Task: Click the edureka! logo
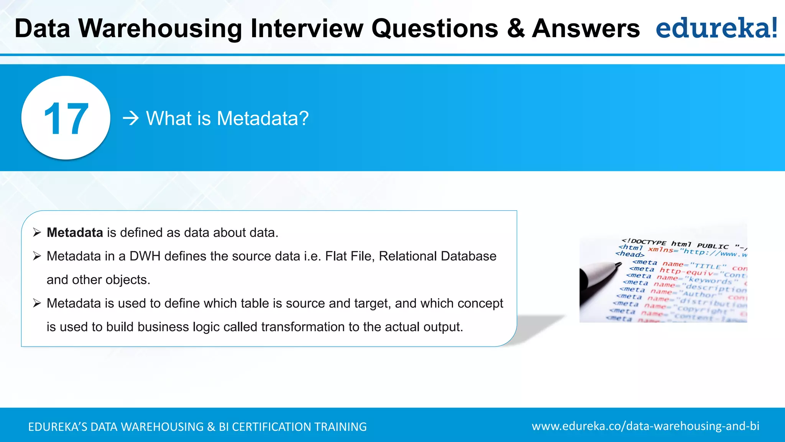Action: point(716,28)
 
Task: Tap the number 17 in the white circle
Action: point(66,119)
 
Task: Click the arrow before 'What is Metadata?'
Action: point(131,118)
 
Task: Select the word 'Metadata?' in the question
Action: point(263,118)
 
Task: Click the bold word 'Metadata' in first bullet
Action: point(75,233)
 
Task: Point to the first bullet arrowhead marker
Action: point(37,233)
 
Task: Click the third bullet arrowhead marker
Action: point(37,303)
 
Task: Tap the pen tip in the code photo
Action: point(618,264)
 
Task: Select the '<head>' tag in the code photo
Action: point(630,254)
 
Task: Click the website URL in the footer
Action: point(645,426)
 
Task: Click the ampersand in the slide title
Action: point(516,28)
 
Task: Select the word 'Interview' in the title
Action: point(307,28)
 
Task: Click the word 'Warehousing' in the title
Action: point(160,28)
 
